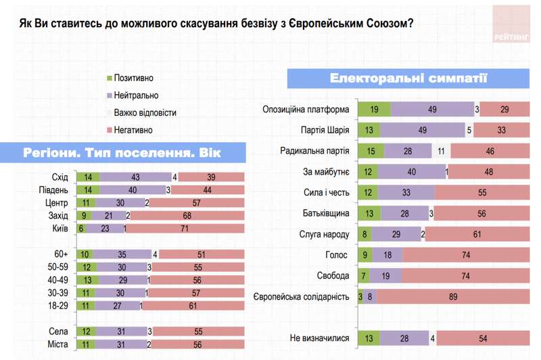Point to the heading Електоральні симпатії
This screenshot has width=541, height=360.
tap(408, 78)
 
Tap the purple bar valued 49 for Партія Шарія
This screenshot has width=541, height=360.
tap(422, 130)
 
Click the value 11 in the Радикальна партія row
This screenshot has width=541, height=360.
tap(441, 151)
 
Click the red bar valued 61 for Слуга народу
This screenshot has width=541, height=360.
tap(477, 234)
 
